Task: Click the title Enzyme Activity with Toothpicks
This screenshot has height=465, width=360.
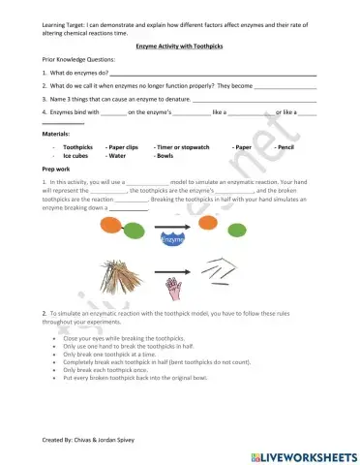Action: (179, 46)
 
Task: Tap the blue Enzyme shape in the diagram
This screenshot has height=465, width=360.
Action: (174, 237)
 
